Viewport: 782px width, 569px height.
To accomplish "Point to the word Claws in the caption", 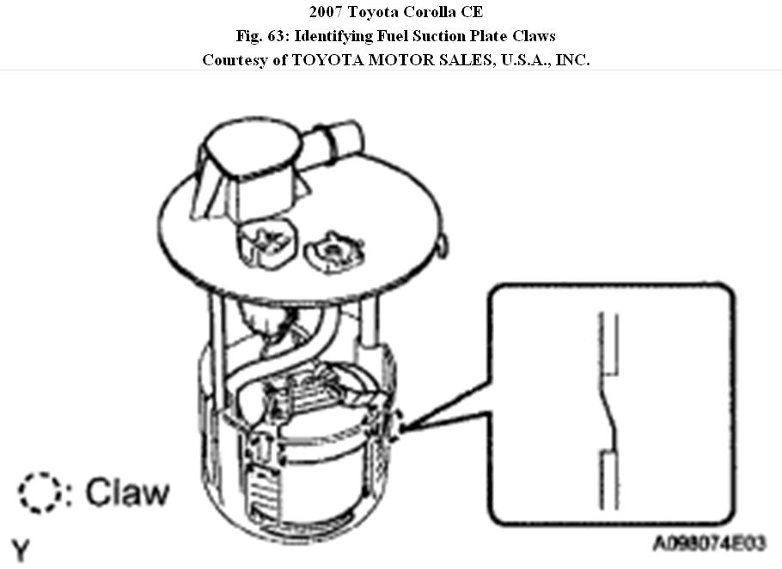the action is [x=531, y=37].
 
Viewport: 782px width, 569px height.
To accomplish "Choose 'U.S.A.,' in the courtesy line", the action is [x=514, y=60].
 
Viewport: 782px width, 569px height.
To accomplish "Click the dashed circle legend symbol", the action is [x=35, y=493].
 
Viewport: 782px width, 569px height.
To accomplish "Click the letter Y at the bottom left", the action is [x=20, y=550].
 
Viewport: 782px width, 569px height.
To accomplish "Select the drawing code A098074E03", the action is [x=710, y=544].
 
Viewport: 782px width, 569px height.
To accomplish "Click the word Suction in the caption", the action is [x=411, y=37].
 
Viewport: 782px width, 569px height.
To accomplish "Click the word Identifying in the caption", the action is [x=330, y=37].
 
